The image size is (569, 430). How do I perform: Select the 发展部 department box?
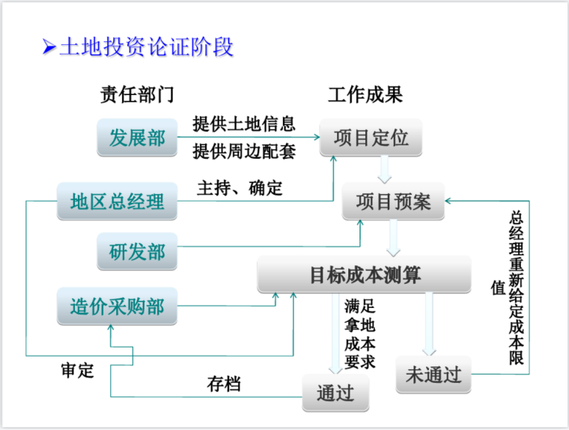pyautogui.click(x=137, y=139)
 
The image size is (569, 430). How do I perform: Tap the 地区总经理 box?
pyautogui.click(x=117, y=201)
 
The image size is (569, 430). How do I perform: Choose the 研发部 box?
pyautogui.click(x=137, y=252)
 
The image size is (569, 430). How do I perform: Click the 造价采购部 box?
pyautogui.click(x=117, y=306)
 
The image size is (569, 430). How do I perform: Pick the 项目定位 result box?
pyautogui.click(x=371, y=139)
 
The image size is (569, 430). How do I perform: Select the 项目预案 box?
pyautogui.click(x=393, y=202)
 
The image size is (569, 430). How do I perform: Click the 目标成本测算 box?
pyautogui.click(x=365, y=275)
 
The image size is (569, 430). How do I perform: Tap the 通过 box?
pyautogui.click(x=335, y=393)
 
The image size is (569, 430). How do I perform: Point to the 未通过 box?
pyautogui.click(x=433, y=374)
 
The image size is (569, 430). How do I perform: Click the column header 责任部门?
pyautogui.click(x=136, y=96)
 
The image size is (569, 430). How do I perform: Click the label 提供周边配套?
pyautogui.click(x=243, y=152)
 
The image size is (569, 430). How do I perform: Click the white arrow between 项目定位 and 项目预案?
pyautogui.click(x=385, y=169)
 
